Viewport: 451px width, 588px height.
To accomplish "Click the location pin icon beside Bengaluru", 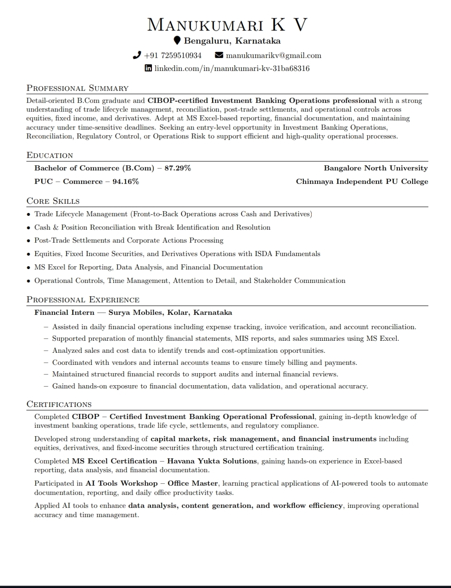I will (x=177, y=41).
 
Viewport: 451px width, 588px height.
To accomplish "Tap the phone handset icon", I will (x=137, y=56).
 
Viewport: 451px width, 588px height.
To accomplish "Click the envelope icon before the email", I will (x=219, y=56).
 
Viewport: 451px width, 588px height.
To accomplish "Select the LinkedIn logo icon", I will (x=148, y=69).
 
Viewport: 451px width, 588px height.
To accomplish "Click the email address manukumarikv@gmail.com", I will (x=273, y=56).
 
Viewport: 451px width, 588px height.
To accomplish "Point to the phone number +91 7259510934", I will (x=173, y=56).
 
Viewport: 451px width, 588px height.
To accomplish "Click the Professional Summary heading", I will (x=77, y=88).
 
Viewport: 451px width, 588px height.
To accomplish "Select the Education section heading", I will (x=50, y=155).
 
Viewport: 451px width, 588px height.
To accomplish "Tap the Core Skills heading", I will (x=53, y=201).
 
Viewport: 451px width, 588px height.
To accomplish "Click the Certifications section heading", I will (x=59, y=404).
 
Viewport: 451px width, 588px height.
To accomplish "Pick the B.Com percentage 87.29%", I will (x=178, y=168).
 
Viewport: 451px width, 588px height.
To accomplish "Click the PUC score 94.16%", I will (x=125, y=181).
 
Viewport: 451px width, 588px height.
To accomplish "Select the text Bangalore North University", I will (x=376, y=168).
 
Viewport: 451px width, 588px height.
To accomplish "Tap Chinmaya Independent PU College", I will (x=362, y=181).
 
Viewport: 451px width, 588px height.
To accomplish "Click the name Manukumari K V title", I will (x=227, y=25).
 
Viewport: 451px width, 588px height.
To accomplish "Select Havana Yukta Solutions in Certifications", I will (x=212, y=461).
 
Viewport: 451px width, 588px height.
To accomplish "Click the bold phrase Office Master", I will (x=193, y=483).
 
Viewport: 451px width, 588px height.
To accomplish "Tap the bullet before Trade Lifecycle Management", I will (x=29, y=214).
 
